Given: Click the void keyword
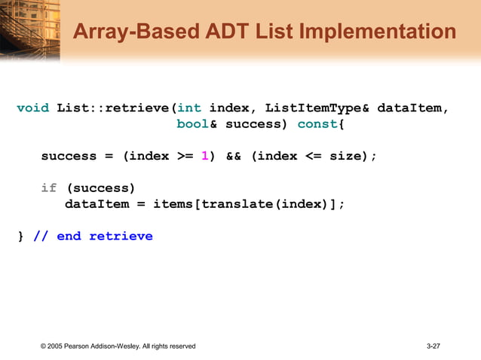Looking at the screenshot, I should tap(33, 108).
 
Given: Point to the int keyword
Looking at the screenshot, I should tap(189, 108).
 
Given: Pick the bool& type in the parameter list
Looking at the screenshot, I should tap(197, 124).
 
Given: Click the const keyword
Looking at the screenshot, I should tap(317, 124).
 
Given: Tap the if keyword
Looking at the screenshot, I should tap(49, 188).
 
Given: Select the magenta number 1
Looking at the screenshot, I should tap(204, 156).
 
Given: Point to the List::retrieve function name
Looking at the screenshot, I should tap(113, 108).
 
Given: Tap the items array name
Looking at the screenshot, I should tap(173, 203).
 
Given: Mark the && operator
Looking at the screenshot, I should tap(233, 156).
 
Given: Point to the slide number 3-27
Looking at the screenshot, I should tap(433, 346).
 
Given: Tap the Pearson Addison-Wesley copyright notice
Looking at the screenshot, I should tap(118, 346).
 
